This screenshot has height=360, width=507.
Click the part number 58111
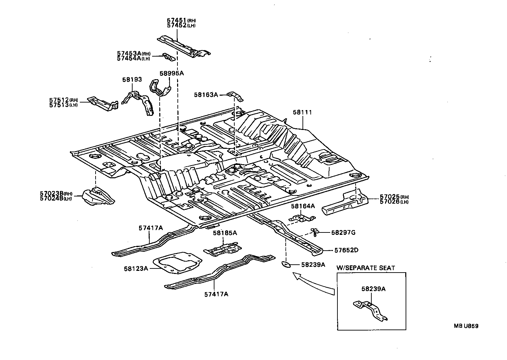tap(302, 112)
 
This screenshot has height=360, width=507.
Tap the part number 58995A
tap(172, 73)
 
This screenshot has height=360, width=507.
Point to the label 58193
tap(132, 80)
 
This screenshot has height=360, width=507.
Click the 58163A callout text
tap(206, 94)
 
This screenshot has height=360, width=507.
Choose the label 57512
tap(59, 100)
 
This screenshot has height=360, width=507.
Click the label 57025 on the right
tap(390, 197)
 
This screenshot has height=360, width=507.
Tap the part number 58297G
tap(343, 232)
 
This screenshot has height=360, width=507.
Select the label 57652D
tap(346, 250)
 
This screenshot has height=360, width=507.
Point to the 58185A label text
tap(225, 233)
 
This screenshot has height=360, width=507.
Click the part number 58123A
tap(136, 268)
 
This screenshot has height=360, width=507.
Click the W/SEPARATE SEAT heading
tap(366, 268)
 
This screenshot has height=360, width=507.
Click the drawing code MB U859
tap(466, 326)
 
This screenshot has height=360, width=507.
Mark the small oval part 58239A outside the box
tap(285, 264)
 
